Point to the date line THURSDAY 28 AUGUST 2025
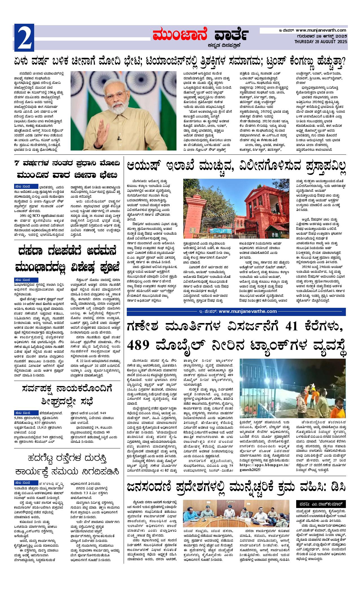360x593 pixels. (x=320, y=42)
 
